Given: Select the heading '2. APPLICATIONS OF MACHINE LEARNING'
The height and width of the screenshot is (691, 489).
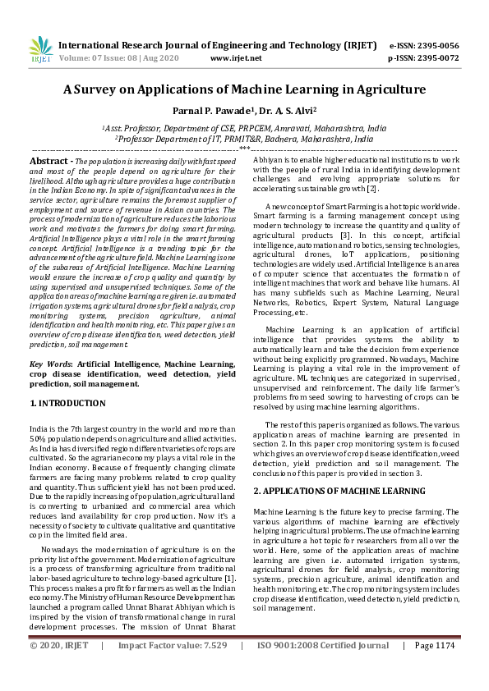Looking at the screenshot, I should click(339, 490).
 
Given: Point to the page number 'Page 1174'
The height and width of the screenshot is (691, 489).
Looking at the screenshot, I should click(435, 668).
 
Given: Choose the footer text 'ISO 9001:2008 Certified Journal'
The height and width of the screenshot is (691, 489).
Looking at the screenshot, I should click(323, 668).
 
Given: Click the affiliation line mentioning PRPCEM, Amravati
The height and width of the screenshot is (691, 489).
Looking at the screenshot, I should click(244, 129).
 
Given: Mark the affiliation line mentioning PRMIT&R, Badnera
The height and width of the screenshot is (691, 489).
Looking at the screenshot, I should click(244, 140).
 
